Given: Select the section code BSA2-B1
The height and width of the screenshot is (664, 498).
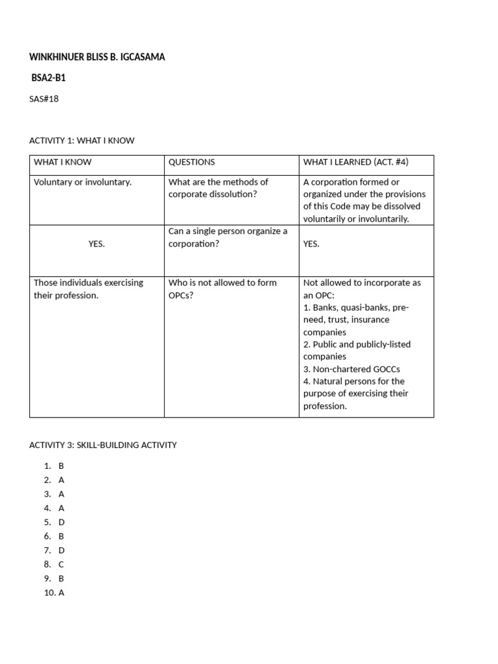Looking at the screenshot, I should pos(49,78).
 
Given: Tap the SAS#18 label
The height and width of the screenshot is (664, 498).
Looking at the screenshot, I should pos(44,99).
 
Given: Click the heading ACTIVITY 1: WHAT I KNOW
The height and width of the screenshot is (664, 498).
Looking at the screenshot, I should pos(82,140).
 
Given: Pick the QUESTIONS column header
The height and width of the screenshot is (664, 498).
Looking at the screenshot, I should pos(191,162).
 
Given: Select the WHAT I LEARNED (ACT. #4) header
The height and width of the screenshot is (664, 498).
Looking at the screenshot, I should pos(356,162).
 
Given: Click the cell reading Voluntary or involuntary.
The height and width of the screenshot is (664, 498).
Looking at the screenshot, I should pos(82,182).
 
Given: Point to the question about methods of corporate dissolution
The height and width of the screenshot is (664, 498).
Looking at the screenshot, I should pos(218,188).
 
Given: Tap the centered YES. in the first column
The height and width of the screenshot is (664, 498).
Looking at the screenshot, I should pos(97,244).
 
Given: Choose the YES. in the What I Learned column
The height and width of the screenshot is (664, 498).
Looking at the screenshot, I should pos(311,244).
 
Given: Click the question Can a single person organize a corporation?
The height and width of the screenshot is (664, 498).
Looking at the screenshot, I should pos(228,237).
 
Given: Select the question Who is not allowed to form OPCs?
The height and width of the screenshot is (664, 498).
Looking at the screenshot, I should pos(222,289).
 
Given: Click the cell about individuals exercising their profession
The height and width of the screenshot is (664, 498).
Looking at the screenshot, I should pos(88,289).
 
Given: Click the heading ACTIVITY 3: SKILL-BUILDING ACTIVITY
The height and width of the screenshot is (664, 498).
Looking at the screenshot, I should pos(102,445).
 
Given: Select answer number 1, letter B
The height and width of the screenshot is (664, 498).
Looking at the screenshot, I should pos(61,466).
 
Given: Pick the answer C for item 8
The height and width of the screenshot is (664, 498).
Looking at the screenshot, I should pos(61,565).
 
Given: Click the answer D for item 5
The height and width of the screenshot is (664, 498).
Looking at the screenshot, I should pos(62,522).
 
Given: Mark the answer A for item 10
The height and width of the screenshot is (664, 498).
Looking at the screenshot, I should pos(61,593).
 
